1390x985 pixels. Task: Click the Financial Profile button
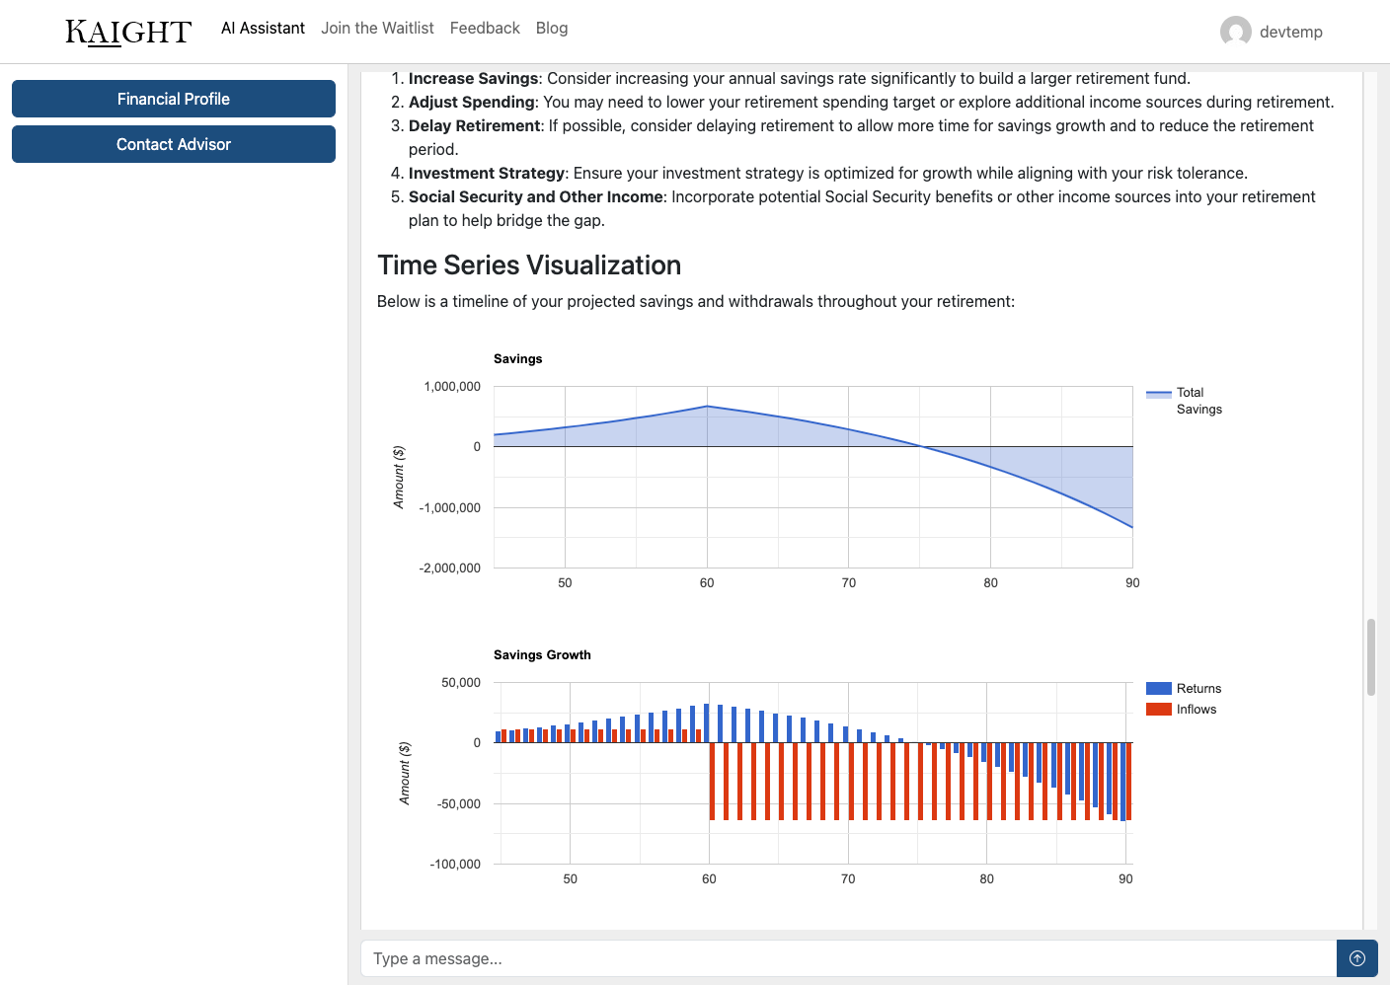coord(174,99)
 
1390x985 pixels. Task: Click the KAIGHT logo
coord(128,32)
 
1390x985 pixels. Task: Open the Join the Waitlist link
coord(377,29)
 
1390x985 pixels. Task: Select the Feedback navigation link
coord(485,29)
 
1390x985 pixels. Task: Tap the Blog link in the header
coord(552,29)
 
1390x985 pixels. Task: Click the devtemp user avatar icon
coord(1235,32)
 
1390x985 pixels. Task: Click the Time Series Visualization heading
coord(529,265)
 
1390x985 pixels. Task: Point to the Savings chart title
coord(518,359)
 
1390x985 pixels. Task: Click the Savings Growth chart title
coord(542,655)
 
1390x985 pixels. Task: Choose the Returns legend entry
coord(1198,689)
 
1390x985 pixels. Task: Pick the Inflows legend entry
coord(1196,710)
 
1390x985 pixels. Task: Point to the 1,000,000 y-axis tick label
coord(452,387)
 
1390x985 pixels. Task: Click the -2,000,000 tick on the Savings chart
coord(450,568)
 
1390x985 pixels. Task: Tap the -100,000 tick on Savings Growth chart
coord(455,865)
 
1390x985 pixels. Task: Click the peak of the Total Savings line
coord(707,406)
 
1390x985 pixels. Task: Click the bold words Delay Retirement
coord(474,126)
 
